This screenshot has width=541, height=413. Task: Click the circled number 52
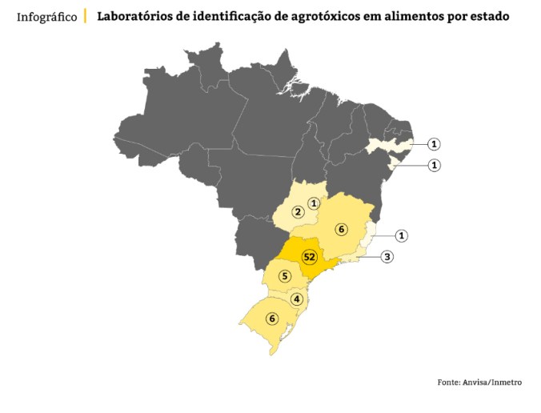pyautogui.click(x=310, y=257)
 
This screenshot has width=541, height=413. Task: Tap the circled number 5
pyautogui.click(x=284, y=276)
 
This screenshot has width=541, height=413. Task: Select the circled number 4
pyautogui.click(x=297, y=299)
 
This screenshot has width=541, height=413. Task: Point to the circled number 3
pyautogui.click(x=387, y=257)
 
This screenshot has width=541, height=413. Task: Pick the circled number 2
pyautogui.click(x=297, y=212)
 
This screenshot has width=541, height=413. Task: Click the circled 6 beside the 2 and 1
pyautogui.click(x=341, y=230)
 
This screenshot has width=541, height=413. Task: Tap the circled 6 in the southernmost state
pyautogui.click(x=272, y=319)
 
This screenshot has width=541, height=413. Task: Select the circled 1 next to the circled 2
pyautogui.click(x=315, y=203)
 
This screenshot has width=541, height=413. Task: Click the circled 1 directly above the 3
pyautogui.click(x=402, y=235)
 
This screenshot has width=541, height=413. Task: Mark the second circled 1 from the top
pyautogui.click(x=434, y=166)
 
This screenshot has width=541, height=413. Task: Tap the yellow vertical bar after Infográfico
pyautogui.click(x=86, y=16)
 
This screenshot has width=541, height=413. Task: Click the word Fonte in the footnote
pyautogui.click(x=448, y=383)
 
